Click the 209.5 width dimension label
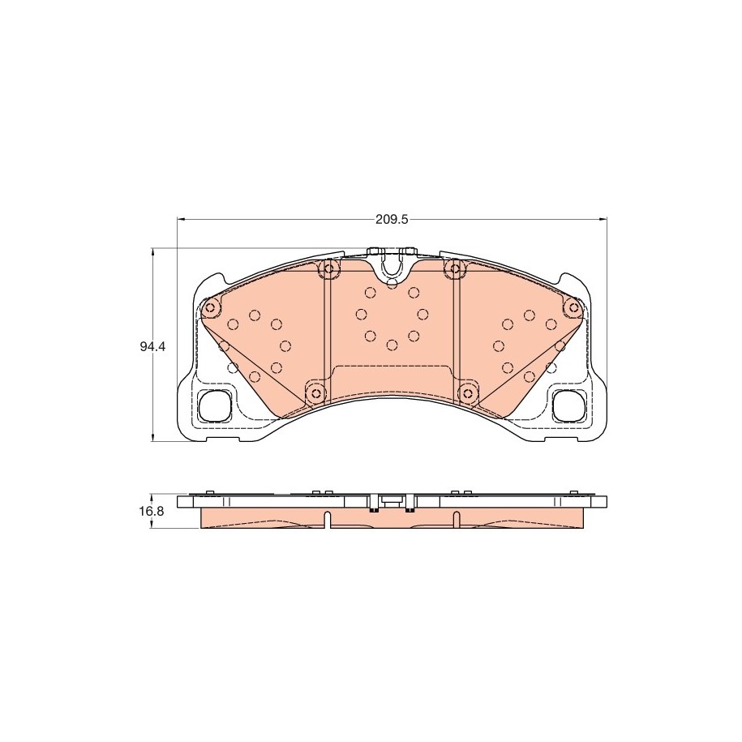pyautogui.click(x=392, y=220)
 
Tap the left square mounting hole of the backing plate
pyautogui.click(x=214, y=405)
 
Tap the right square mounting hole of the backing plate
pyautogui.click(x=568, y=405)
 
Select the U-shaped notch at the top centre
pyautogui.click(x=392, y=268)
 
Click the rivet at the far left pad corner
pyautogui.click(x=210, y=309)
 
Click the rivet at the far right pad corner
pyautogui.click(x=573, y=309)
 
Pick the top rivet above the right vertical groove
pyautogui.click(x=456, y=268)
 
